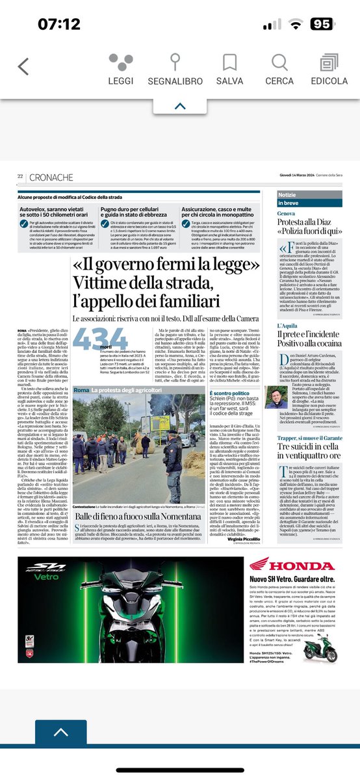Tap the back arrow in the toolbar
point(23,67)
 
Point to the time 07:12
point(58,25)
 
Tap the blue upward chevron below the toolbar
point(180,106)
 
